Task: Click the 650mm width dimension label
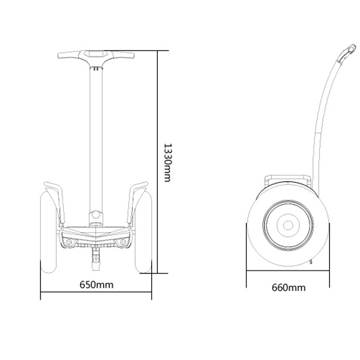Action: pos(96,285)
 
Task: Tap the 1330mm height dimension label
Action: pos(168,163)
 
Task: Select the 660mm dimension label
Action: pos(289,287)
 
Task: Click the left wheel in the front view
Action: pos(48,232)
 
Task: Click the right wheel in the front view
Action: pos(143,232)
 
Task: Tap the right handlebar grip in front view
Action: pos(124,55)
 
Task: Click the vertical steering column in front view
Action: pos(96,140)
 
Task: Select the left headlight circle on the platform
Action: pos(69,242)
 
